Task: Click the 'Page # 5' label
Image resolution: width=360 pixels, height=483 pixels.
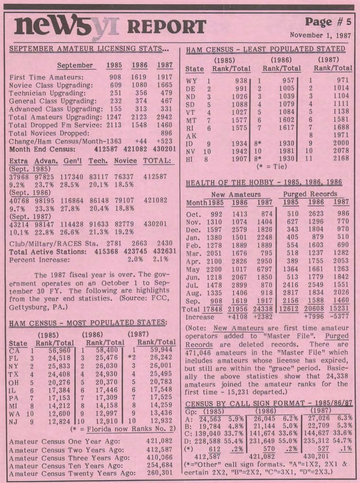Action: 328,22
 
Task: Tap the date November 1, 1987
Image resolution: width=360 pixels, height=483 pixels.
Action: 320,35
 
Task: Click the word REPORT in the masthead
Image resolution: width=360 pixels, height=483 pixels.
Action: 167,27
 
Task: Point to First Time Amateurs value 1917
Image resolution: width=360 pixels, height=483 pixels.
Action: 165,77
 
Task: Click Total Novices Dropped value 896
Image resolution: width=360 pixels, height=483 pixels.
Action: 167,133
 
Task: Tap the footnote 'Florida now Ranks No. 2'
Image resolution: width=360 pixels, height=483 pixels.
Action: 131,429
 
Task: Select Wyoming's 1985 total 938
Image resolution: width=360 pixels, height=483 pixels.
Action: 241,80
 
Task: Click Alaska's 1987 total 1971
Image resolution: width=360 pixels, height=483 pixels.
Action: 341,135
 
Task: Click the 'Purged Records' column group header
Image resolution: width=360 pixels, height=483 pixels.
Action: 310,194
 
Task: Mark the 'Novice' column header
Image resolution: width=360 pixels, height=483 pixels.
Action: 125,161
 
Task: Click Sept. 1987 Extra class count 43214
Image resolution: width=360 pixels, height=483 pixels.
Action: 19,224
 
